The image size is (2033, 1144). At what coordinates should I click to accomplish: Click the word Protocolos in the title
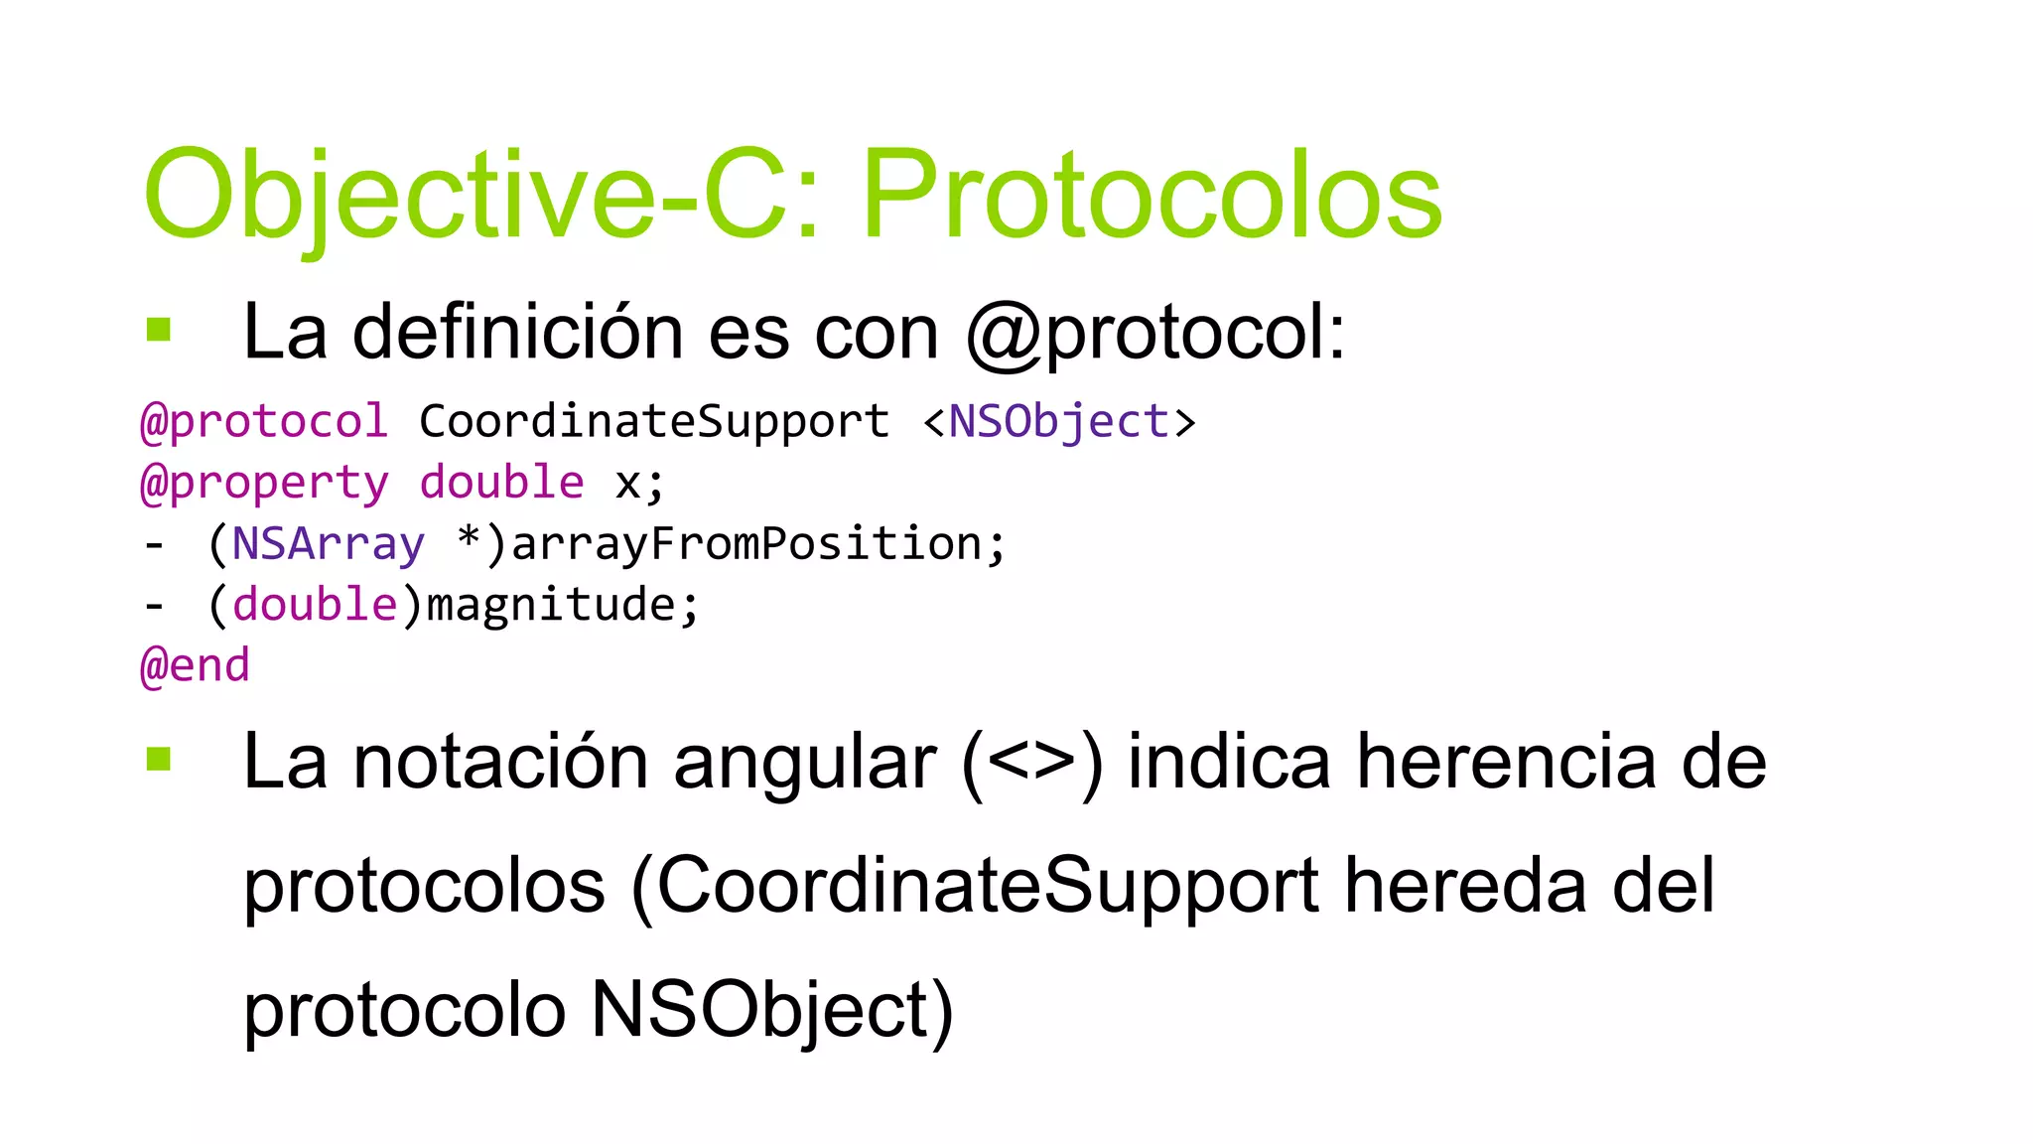pyautogui.click(x=1152, y=196)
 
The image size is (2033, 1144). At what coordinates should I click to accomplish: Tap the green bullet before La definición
pyautogui.click(x=159, y=329)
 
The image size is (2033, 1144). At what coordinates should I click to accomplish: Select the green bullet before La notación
pyautogui.click(x=159, y=759)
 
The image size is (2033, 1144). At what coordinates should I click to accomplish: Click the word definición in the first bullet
pyautogui.click(x=517, y=332)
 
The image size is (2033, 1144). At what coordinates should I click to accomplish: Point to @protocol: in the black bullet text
pyautogui.click(x=1156, y=334)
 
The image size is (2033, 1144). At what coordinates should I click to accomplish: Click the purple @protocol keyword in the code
pyautogui.click(x=263, y=421)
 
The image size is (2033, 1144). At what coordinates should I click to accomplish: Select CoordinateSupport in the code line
pyautogui.click(x=654, y=421)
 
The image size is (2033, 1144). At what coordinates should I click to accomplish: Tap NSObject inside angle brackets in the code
pyautogui.click(x=1058, y=421)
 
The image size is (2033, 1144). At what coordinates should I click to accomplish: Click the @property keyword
pyautogui.click(x=264, y=484)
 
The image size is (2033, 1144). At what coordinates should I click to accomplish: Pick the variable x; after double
pyautogui.click(x=639, y=484)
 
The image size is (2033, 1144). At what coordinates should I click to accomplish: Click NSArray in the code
pyautogui.click(x=328, y=544)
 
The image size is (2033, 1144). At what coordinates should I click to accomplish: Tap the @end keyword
pyautogui.click(x=195, y=665)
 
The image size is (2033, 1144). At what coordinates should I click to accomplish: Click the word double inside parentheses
pyautogui.click(x=315, y=605)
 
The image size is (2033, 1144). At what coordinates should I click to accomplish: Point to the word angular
pyautogui.click(x=804, y=763)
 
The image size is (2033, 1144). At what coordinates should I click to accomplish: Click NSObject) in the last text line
pyautogui.click(x=772, y=1010)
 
